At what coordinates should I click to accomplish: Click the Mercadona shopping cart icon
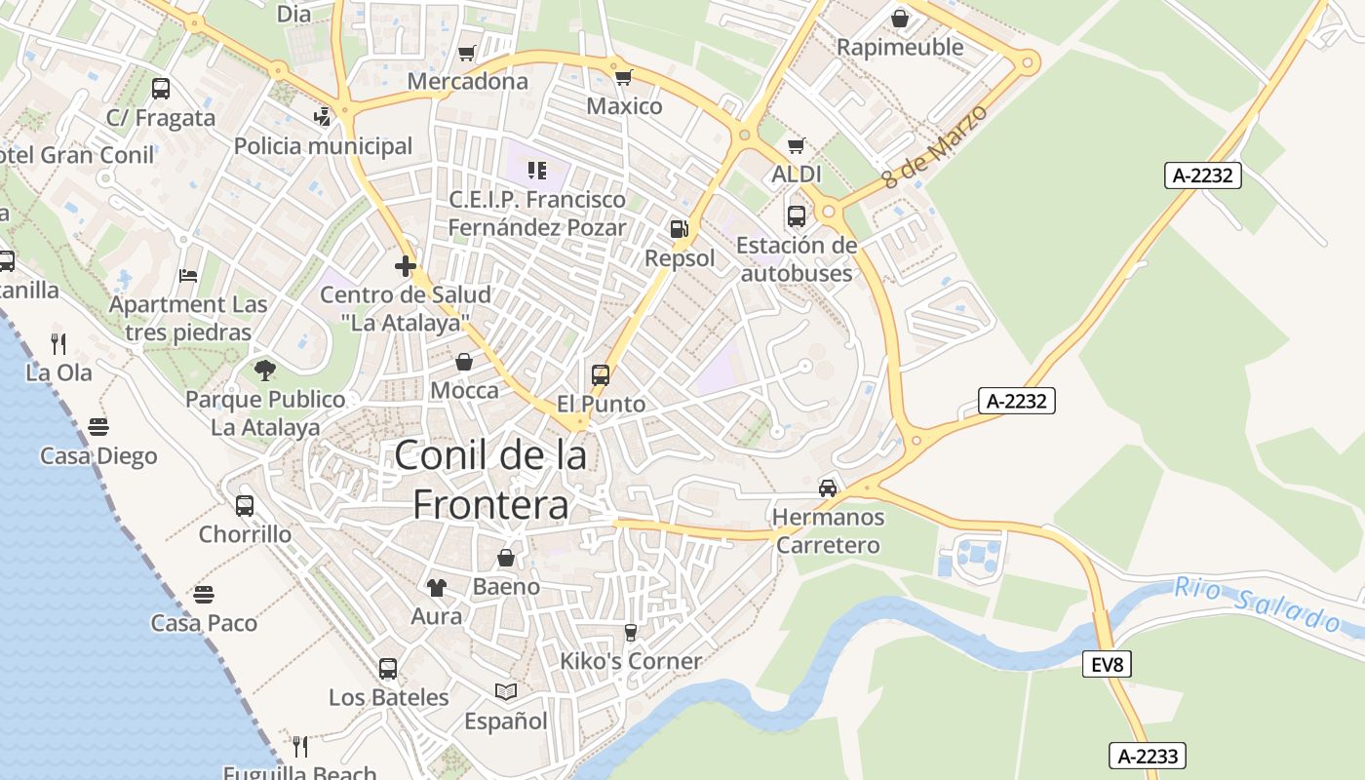point(467,53)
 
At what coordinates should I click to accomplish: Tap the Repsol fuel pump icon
point(680,230)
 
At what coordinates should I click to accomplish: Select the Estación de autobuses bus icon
point(796,215)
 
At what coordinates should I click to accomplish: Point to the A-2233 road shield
point(1149,756)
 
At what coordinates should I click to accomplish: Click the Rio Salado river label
point(1258,604)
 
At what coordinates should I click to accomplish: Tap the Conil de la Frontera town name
point(491,480)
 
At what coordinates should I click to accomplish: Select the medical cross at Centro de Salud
point(406,265)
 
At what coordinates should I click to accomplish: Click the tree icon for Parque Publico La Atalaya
point(264,370)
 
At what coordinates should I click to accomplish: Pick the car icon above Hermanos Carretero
point(828,487)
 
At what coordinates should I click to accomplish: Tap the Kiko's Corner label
point(630,661)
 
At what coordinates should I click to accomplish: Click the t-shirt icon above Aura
point(436,587)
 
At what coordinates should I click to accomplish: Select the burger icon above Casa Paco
point(204,594)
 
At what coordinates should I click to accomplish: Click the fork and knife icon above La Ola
point(58,343)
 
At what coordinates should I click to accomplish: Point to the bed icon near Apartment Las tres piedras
point(188,276)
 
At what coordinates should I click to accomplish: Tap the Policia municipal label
point(323,146)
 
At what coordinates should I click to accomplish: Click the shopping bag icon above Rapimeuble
point(899,19)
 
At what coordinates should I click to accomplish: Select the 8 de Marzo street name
point(934,146)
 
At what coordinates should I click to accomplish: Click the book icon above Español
point(505,691)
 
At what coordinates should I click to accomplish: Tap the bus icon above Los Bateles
point(388,669)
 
